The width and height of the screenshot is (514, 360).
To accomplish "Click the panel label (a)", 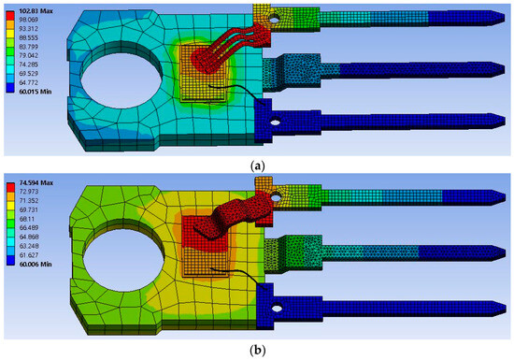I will click(256, 164).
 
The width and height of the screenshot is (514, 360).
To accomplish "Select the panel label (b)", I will click(256, 352).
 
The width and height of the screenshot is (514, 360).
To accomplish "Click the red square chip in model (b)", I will click(198, 244).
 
